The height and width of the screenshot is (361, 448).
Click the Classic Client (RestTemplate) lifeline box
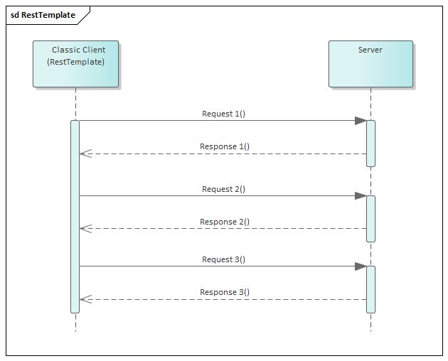[x=75, y=64]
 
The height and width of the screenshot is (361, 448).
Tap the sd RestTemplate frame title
[x=43, y=15]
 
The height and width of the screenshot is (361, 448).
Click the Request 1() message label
[x=223, y=114]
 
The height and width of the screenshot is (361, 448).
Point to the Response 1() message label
[x=224, y=147]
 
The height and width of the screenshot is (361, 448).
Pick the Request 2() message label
[x=223, y=189]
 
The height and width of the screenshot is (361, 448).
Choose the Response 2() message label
[x=224, y=222]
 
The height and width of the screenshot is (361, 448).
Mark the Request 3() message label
[x=223, y=259]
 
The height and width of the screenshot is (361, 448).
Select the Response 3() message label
[x=224, y=292]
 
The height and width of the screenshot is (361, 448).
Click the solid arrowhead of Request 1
[x=361, y=121]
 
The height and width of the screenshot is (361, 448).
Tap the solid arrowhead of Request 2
[x=361, y=195]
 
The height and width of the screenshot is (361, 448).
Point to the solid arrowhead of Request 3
[x=361, y=266]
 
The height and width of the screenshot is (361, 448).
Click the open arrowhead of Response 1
[x=85, y=153]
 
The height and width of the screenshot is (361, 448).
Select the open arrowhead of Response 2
[x=85, y=228]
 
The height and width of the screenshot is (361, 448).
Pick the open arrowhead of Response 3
[x=85, y=299]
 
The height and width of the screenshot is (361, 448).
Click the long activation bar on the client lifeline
[x=75, y=217]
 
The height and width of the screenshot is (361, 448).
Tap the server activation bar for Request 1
[x=370, y=143]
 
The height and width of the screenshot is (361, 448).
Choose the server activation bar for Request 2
[x=370, y=218]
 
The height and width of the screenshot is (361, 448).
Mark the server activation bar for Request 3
[x=370, y=289]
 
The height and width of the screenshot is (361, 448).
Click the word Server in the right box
[x=370, y=50]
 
